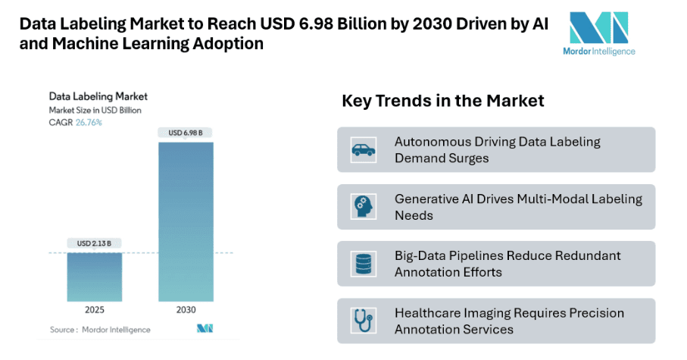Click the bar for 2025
click(x=95, y=276)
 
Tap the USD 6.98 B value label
click(x=185, y=133)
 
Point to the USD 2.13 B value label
click(x=95, y=243)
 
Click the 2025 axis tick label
click(x=95, y=309)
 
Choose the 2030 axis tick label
click(x=185, y=309)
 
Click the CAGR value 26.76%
click(x=89, y=122)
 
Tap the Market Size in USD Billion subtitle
click(x=95, y=110)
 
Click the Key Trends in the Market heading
click(x=443, y=101)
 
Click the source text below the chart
click(x=100, y=330)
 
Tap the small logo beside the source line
click(x=205, y=329)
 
